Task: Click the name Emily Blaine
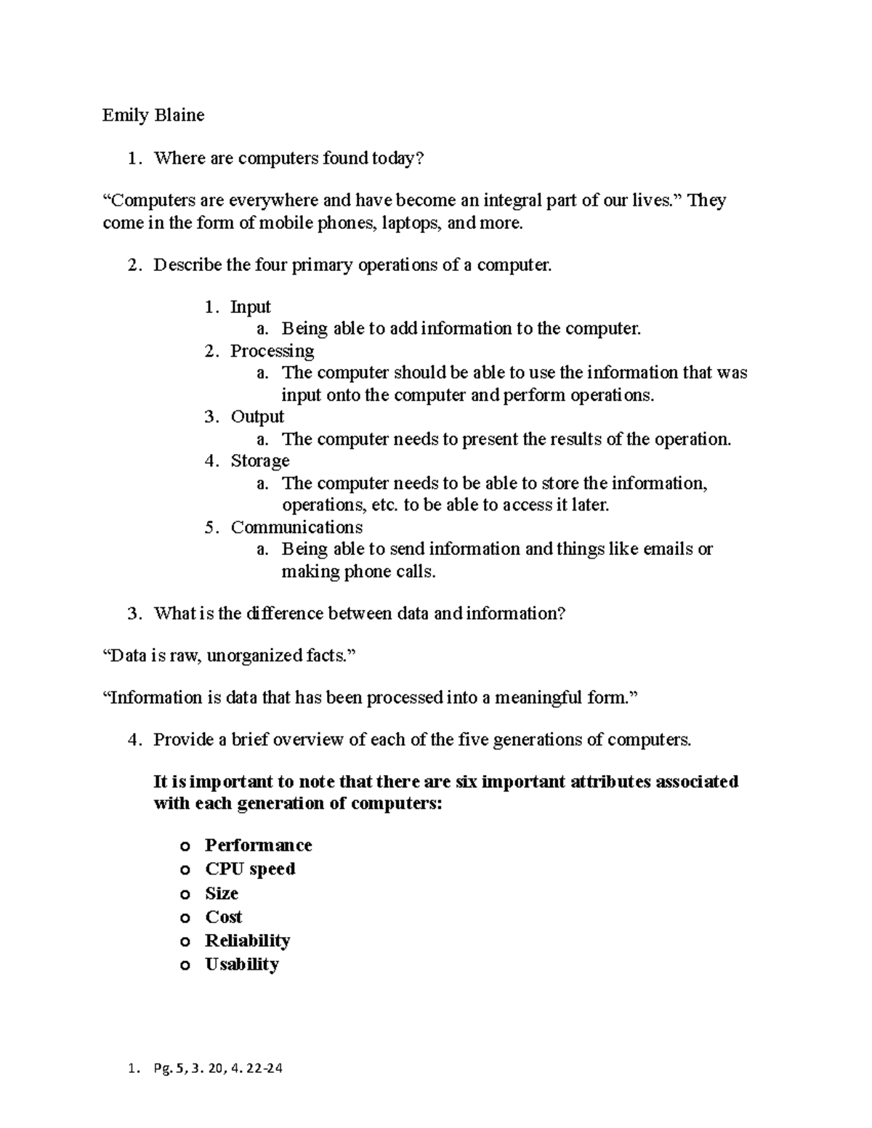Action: click(153, 115)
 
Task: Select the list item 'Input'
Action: click(251, 307)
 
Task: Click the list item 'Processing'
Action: click(272, 352)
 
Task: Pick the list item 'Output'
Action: click(257, 417)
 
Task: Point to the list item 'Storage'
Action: click(260, 461)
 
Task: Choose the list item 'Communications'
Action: click(296, 527)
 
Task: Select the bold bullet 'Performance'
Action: click(258, 845)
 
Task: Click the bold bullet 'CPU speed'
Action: click(250, 869)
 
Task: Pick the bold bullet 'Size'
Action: click(222, 893)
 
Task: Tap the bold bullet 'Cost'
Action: click(223, 917)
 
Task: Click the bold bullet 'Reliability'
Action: click(247, 941)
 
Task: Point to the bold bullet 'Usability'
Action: click(242, 965)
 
